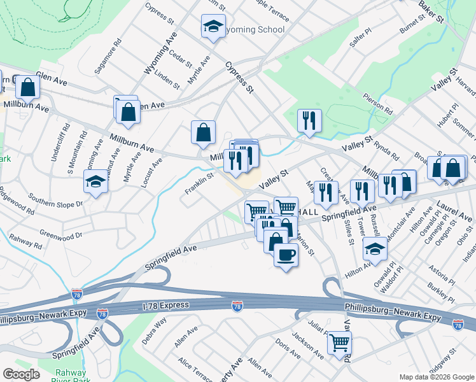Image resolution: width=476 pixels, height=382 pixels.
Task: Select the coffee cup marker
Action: click(286, 255)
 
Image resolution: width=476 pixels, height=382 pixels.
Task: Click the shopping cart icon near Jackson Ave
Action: click(339, 343)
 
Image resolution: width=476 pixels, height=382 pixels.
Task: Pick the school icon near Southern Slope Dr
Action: click(96, 182)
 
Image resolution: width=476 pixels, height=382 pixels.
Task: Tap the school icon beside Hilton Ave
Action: click(375, 250)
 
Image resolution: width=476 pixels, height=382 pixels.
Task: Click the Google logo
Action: click(21, 374)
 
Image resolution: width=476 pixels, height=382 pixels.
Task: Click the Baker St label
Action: click(431, 12)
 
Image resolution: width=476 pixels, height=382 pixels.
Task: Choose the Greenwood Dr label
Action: click(61, 235)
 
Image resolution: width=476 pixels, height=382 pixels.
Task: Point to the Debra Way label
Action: click(154, 330)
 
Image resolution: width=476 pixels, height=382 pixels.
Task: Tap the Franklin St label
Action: click(199, 183)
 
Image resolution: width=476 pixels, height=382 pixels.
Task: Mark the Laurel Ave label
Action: click(454, 211)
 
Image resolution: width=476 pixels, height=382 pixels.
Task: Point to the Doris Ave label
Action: click(288, 348)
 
